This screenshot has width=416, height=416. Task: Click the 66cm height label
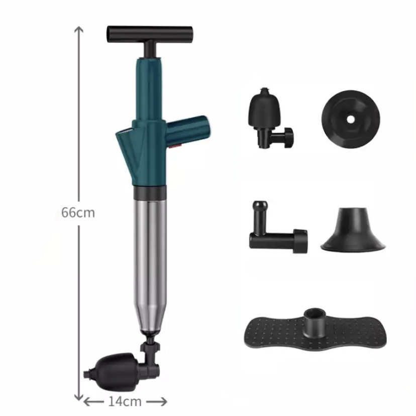[x=78, y=213]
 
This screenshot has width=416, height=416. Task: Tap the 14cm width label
[x=125, y=401]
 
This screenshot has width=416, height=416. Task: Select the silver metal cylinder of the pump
[x=150, y=265]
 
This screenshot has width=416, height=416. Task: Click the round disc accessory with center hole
[x=351, y=119]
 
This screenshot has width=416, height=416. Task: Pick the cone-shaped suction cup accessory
[x=353, y=229]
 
